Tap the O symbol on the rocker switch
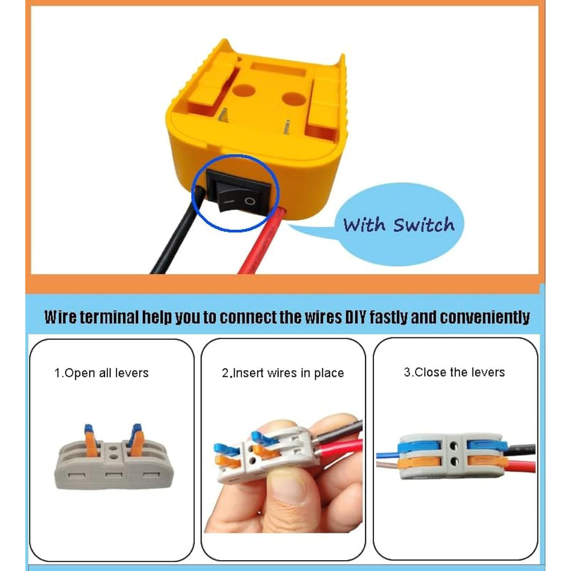click(250, 202)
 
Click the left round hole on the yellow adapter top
click(243, 90)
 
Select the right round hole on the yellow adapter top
click(294, 99)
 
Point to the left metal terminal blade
click(223, 115)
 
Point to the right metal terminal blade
click(287, 127)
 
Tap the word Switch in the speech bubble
click(424, 224)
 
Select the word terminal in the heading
click(109, 317)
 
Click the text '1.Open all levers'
click(102, 373)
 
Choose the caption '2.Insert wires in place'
click(283, 373)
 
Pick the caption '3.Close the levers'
click(455, 372)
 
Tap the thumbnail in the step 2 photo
click(288, 489)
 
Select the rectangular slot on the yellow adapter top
click(278, 69)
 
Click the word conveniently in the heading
click(485, 317)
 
